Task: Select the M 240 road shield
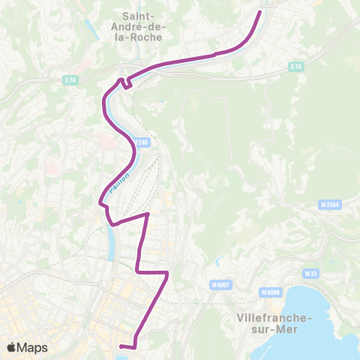click(142, 142)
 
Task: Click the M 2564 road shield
click(328, 204)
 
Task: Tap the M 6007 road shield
click(220, 285)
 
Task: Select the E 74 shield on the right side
click(296, 67)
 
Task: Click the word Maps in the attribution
click(33, 347)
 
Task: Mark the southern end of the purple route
click(121, 346)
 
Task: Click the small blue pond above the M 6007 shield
click(217, 262)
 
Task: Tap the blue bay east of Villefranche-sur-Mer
click(322, 300)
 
